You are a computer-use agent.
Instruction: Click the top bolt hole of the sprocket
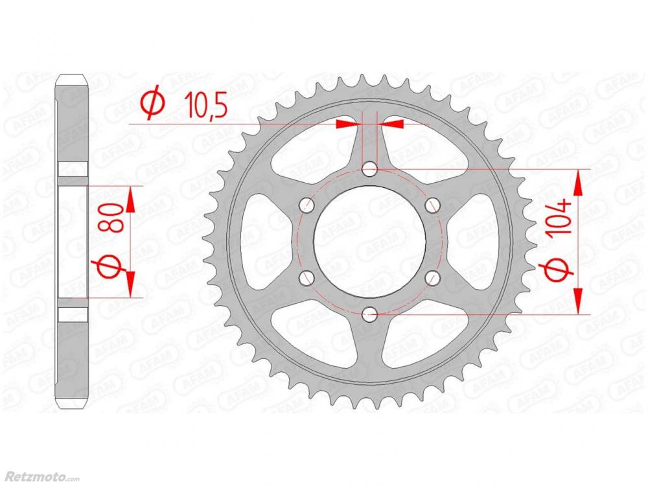tap(369, 169)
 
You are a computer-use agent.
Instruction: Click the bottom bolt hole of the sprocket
tap(369, 314)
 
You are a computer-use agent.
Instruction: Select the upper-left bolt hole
tap(307, 205)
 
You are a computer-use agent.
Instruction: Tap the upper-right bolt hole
tap(432, 205)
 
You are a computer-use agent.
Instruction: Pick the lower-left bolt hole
tap(307, 278)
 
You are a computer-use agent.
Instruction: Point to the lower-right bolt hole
tap(432, 278)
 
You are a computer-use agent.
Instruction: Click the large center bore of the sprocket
tap(369, 242)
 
